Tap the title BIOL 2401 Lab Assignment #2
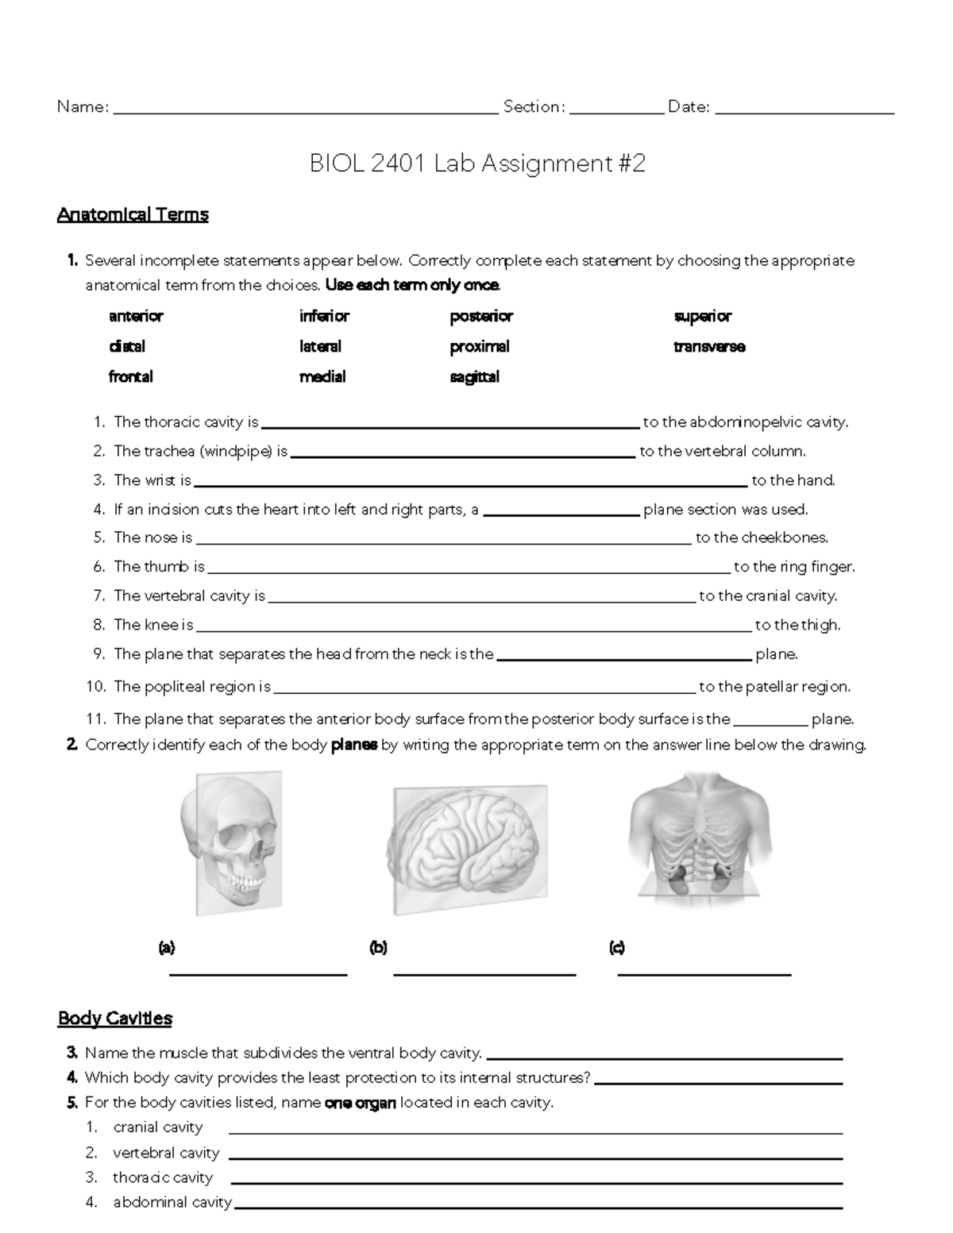click(476, 164)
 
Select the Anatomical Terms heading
click(133, 214)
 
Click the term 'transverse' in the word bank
click(709, 346)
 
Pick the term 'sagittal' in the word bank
click(474, 376)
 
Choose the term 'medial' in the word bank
click(322, 376)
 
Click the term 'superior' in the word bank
click(702, 316)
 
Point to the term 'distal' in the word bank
click(127, 346)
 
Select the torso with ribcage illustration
click(700, 837)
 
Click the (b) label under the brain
click(378, 947)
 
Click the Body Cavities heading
click(115, 1019)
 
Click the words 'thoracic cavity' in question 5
click(163, 1177)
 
